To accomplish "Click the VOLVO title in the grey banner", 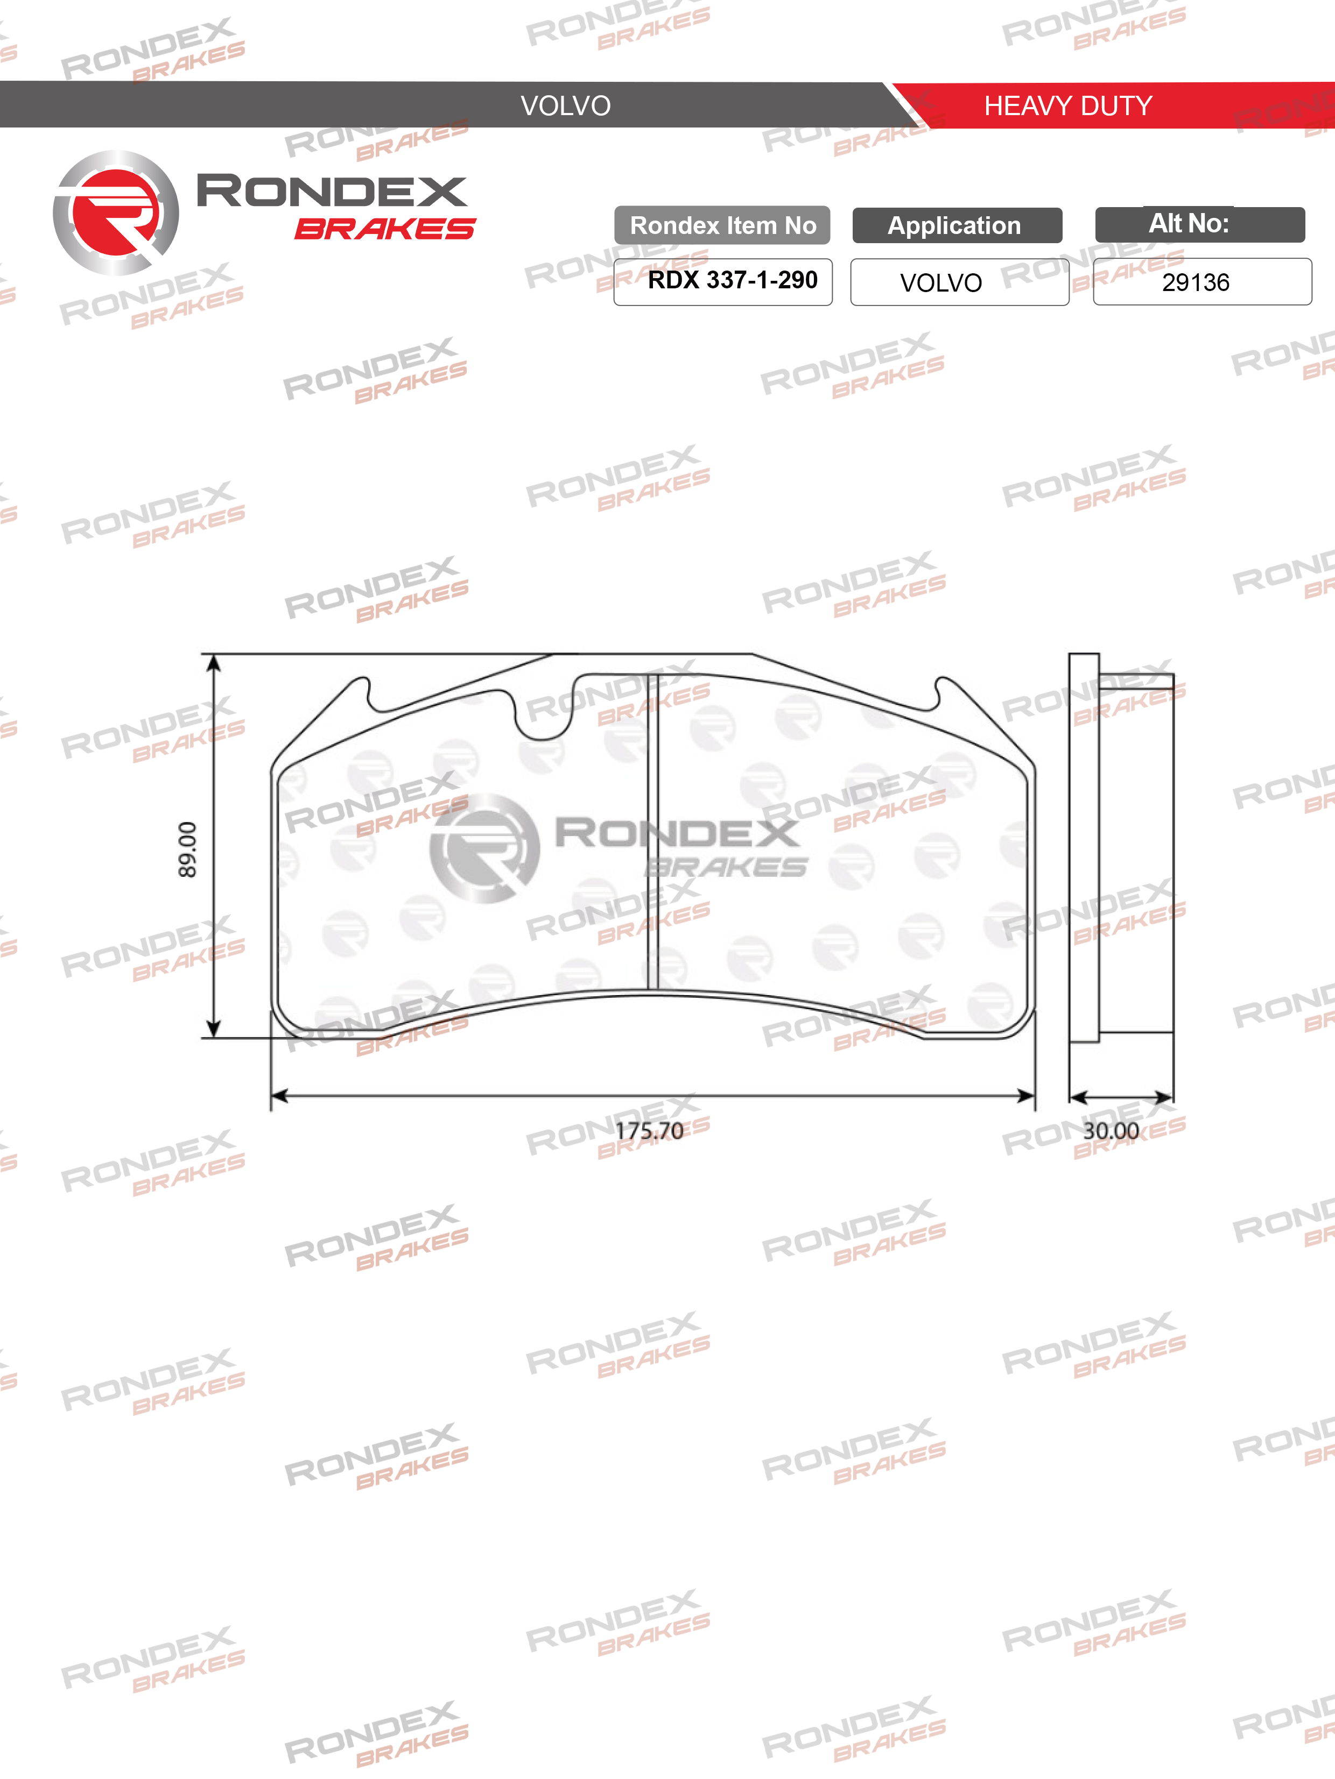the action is (566, 105).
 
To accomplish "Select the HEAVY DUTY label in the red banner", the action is (1068, 105).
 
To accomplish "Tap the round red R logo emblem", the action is (116, 213).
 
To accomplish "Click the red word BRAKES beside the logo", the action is (385, 229).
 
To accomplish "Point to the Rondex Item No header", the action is (722, 225).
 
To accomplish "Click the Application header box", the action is (957, 225).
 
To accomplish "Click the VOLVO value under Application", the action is (941, 283).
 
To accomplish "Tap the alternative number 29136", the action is (1196, 282).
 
